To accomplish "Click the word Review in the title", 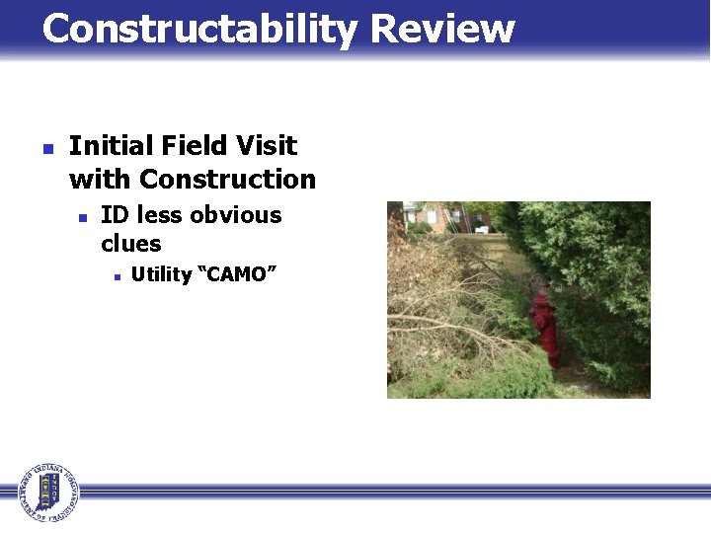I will click(442, 30).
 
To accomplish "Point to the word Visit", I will click(266, 146).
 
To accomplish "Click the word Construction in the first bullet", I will click(227, 180).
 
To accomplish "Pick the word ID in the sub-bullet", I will click(116, 215).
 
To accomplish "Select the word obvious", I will click(236, 215).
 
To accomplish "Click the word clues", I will click(130, 243).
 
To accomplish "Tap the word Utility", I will click(161, 274).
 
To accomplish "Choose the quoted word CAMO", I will click(237, 274).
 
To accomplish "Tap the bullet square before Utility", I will click(116, 276).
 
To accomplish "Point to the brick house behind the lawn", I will click(434, 214).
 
